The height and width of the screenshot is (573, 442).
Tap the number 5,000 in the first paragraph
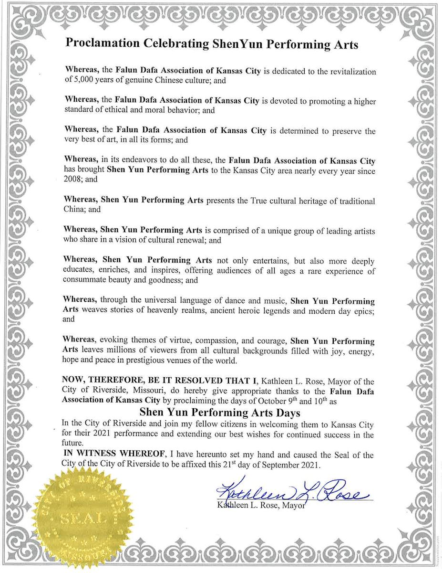click(82, 81)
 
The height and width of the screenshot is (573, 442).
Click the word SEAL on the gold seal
click(78, 518)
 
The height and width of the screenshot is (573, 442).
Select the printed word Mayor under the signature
click(293, 505)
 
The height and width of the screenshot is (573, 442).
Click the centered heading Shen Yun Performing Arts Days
click(220, 412)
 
